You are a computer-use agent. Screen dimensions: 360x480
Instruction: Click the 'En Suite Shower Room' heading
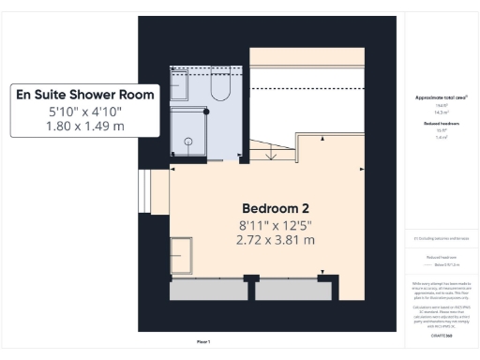pyautogui.click(x=83, y=94)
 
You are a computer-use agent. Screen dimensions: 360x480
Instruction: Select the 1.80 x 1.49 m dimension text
pyautogui.click(x=83, y=127)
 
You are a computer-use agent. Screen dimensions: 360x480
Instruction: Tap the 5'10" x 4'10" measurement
pyautogui.click(x=83, y=112)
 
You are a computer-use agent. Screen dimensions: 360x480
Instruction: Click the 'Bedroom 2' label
pyautogui.click(x=276, y=207)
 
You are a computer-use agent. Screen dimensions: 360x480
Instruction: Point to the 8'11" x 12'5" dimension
pyautogui.click(x=276, y=224)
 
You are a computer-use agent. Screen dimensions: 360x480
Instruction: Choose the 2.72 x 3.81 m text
pyautogui.click(x=276, y=240)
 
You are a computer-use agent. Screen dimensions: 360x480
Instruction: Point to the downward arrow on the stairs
pyautogui.click(x=271, y=153)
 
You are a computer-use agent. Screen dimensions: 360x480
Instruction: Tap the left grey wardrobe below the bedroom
pyautogui.click(x=207, y=290)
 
